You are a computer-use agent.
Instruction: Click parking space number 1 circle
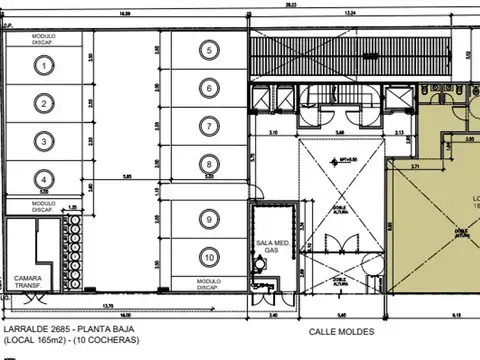click(43, 64)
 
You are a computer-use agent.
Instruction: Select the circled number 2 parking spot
click(43, 102)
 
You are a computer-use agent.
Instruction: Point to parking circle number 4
click(43, 179)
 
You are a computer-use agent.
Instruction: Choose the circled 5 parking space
click(208, 49)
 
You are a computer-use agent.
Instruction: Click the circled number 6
click(208, 88)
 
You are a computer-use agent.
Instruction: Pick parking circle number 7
click(208, 126)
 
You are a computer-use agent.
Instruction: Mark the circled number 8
click(208, 165)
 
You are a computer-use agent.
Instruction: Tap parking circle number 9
click(208, 218)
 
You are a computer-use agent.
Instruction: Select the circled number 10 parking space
click(208, 255)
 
